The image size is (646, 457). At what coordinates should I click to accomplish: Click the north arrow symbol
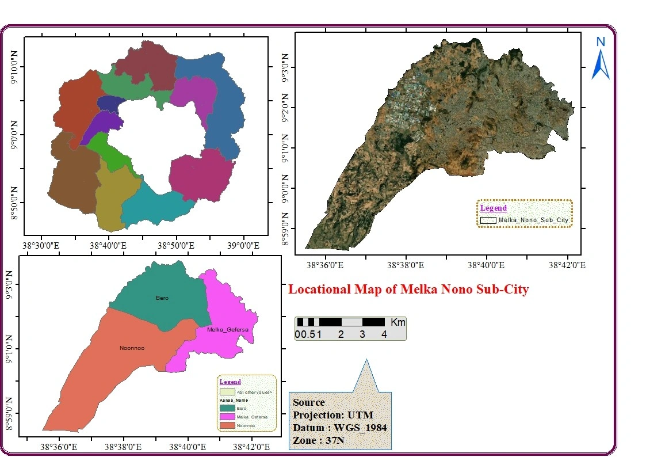click(601, 64)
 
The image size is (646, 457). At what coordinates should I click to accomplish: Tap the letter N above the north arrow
click(601, 41)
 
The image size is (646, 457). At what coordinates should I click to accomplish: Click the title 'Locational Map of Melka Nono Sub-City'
click(408, 290)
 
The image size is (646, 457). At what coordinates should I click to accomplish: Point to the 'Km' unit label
click(397, 322)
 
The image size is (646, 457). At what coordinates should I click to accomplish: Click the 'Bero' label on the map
click(162, 298)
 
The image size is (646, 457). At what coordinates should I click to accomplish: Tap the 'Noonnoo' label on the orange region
click(132, 348)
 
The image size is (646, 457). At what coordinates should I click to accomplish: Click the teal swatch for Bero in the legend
click(228, 408)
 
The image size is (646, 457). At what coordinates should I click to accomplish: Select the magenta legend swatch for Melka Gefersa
click(228, 416)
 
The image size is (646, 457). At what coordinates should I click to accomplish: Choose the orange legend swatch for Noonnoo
click(228, 425)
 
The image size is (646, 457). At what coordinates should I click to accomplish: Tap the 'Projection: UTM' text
click(333, 415)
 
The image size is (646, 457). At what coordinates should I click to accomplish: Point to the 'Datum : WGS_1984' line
click(339, 428)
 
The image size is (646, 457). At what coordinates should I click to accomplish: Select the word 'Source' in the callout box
click(309, 402)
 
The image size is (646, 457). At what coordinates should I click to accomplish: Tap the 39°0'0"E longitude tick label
click(244, 246)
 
